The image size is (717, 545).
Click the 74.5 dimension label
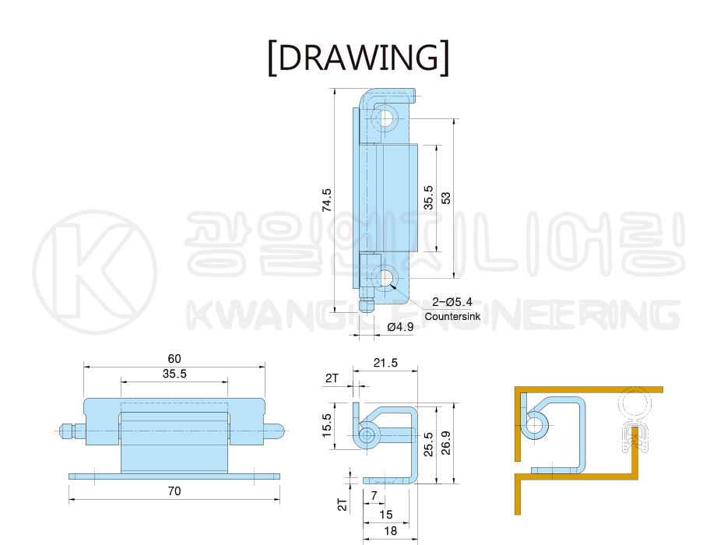(x=326, y=200)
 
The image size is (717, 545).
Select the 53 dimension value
(x=445, y=198)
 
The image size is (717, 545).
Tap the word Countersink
(x=452, y=316)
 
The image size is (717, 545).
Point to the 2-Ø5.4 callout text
(x=452, y=302)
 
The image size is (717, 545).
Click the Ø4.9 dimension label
(x=400, y=327)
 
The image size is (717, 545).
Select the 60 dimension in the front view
(x=174, y=358)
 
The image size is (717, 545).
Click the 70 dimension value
(x=174, y=491)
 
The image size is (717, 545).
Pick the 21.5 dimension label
(x=385, y=363)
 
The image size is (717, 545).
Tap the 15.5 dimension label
(x=326, y=426)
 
